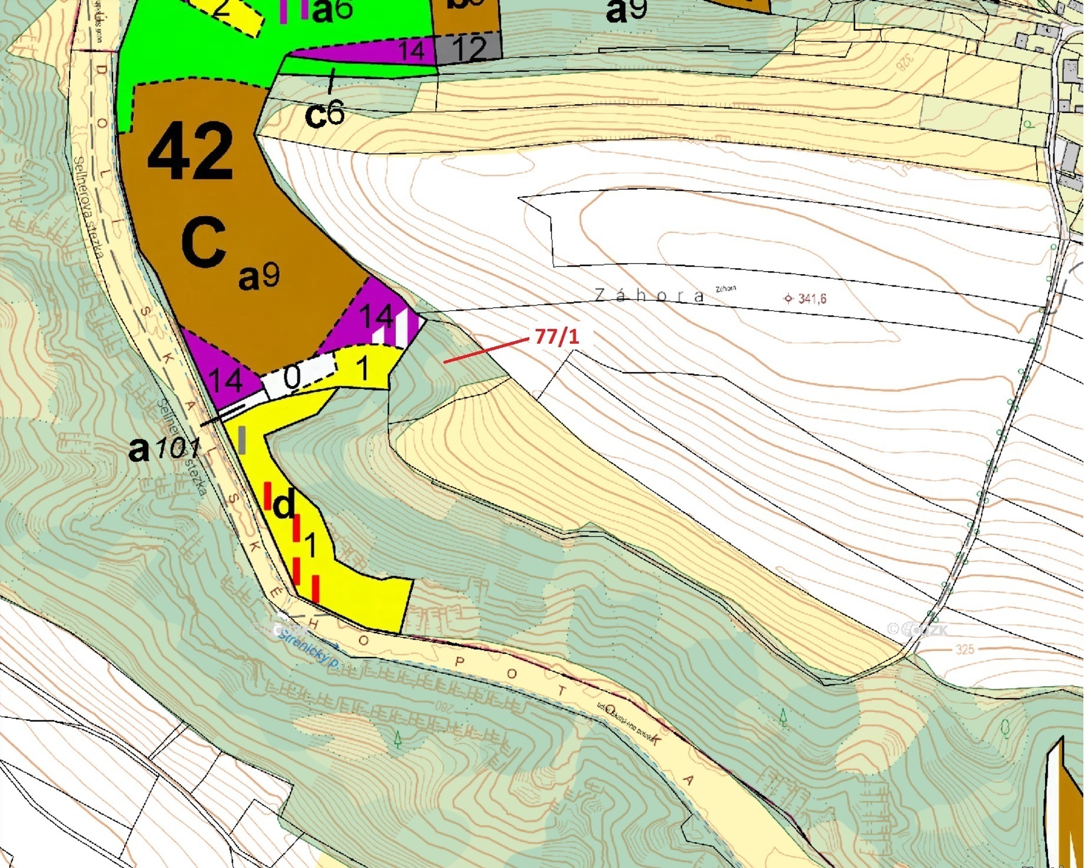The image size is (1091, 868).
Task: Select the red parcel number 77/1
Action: [557, 337]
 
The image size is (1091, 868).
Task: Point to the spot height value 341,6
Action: [813, 299]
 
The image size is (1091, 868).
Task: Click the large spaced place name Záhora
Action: [649, 295]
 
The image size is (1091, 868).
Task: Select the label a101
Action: [164, 450]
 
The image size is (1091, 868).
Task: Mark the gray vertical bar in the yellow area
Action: [242, 440]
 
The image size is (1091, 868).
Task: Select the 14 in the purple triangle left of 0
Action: [226, 380]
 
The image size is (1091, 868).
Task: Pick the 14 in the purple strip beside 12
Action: [412, 51]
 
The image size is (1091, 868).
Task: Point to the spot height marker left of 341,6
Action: [788, 298]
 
